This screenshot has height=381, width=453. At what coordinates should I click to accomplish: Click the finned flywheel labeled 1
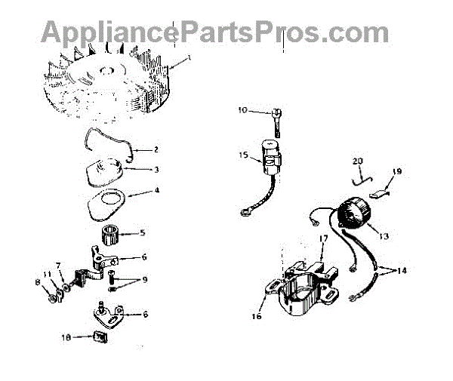click(106, 83)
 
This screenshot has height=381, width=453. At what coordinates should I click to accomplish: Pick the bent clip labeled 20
click(362, 177)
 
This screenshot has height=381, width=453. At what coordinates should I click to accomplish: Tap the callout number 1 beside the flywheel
click(190, 57)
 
